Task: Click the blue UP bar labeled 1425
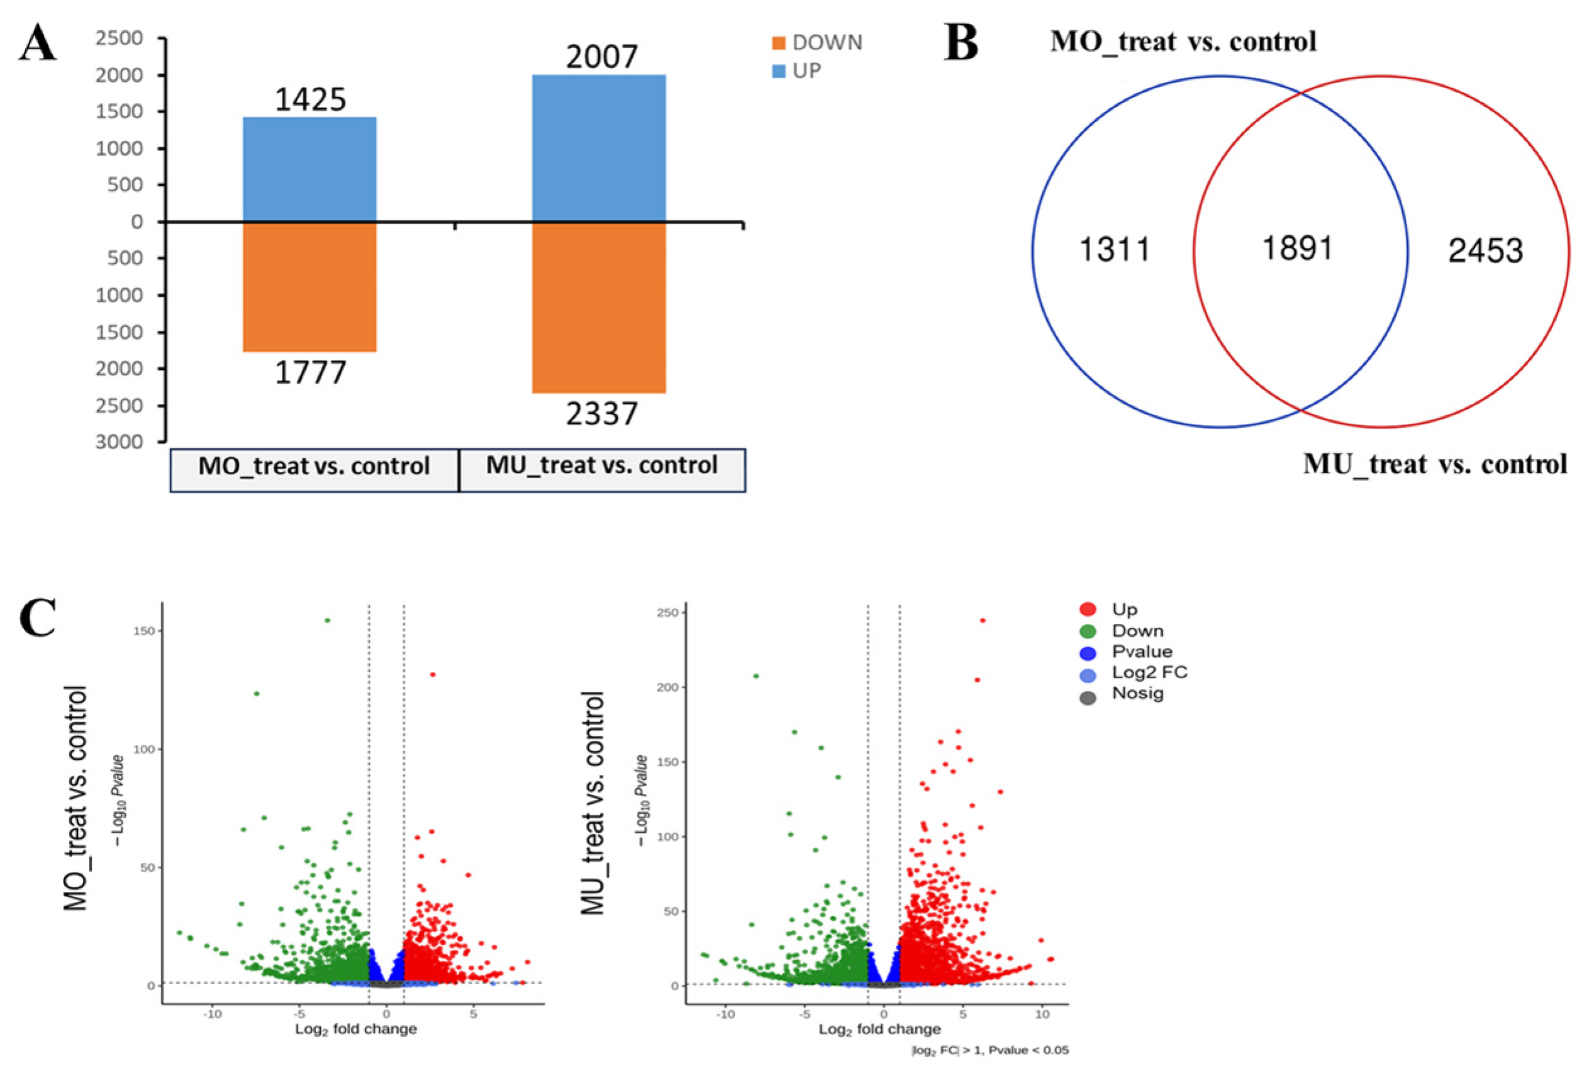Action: (x=309, y=169)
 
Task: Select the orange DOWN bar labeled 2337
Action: (x=599, y=307)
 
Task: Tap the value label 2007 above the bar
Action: (x=601, y=57)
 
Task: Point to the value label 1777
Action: (x=310, y=373)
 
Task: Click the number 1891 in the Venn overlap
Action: (x=1297, y=248)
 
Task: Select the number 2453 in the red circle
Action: (x=1485, y=251)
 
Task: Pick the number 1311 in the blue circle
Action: (x=1115, y=250)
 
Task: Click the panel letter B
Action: (x=961, y=43)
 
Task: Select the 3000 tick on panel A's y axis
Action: (x=119, y=442)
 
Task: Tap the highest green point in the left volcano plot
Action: (x=327, y=620)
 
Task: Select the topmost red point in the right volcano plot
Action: (x=982, y=620)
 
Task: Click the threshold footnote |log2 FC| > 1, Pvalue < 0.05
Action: (x=989, y=1050)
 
